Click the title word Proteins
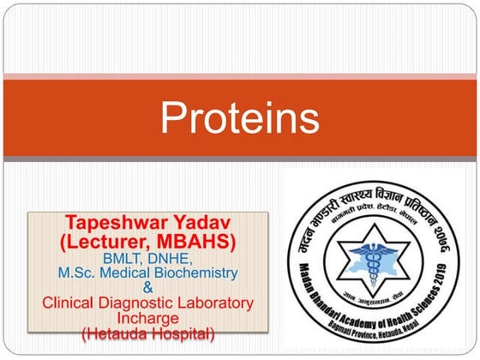[240, 118]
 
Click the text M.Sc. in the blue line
[78, 273]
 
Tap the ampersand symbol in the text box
[147, 288]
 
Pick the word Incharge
[147, 317]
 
